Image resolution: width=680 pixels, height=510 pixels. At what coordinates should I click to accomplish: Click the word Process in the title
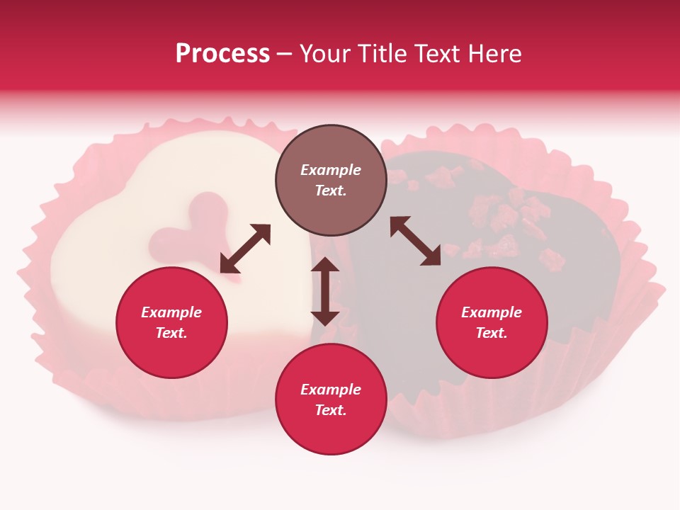[222, 54]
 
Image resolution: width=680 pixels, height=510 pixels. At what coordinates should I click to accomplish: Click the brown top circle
[331, 181]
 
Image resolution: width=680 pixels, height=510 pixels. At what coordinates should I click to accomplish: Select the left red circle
[171, 323]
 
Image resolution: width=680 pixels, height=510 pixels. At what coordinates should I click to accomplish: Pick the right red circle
[492, 323]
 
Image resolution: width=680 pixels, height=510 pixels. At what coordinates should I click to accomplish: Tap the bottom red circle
[331, 399]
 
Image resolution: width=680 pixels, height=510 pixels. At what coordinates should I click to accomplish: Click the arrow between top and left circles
[245, 248]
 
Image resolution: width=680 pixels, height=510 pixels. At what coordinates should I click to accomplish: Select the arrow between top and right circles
[415, 241]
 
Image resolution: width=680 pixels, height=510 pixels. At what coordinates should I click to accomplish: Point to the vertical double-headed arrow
[325, 291]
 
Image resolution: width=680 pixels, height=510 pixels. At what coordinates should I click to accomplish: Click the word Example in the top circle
[331, 170]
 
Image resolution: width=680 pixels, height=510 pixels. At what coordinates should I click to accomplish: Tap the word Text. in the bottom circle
[331, 410]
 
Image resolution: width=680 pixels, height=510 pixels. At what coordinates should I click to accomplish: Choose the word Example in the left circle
[171, 312]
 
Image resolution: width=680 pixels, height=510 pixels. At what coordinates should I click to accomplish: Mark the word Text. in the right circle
[492, 333]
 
